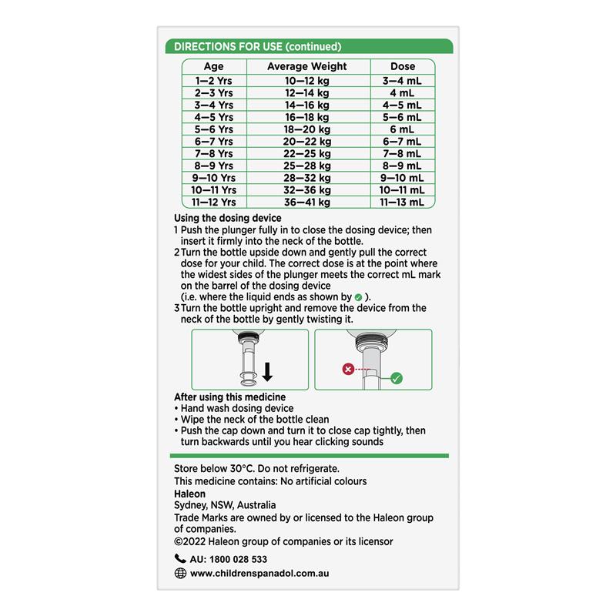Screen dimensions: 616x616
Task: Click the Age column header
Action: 214,67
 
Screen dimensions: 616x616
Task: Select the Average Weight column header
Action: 307,67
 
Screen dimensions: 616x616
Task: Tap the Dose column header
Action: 403,67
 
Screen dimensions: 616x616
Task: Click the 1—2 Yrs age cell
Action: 214,80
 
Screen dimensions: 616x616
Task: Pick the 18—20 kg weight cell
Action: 307,129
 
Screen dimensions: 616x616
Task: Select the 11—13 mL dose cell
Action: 402,203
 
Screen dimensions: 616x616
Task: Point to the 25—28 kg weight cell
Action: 307,166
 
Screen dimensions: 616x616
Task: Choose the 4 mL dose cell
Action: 402,92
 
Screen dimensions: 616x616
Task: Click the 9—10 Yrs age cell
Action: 214,178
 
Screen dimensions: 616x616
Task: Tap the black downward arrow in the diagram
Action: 267,373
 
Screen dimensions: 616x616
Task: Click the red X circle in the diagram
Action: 347,370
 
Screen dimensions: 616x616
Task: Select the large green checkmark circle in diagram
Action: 397,377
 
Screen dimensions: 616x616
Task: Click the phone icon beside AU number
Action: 180,559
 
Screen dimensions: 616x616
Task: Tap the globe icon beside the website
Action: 180,573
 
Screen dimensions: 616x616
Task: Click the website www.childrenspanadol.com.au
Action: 259,574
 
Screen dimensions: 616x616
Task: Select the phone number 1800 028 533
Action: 239,560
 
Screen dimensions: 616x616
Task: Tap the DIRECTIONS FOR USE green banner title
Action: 258,46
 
